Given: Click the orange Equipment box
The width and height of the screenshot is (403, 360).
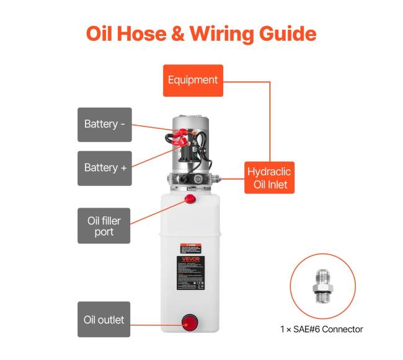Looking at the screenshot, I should tap(193, 80).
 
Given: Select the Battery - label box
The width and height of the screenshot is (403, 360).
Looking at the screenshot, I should tap(104, 125).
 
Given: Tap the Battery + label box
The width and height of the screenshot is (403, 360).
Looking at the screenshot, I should tap(104, 168).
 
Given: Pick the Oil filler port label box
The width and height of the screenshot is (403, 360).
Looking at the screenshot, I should tap(104, 226).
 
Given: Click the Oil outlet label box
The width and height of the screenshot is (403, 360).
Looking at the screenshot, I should tap(104, 320).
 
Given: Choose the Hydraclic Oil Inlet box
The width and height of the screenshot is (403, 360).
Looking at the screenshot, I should tap(268, 177).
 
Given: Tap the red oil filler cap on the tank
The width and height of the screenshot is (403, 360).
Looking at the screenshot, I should tap(190, 200).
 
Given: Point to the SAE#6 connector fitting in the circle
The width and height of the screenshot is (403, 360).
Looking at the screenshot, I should tap(322, 286).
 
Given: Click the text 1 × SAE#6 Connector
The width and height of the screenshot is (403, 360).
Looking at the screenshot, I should tap(321, 329).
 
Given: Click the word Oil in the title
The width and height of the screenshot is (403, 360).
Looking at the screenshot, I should tap(102, 33).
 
